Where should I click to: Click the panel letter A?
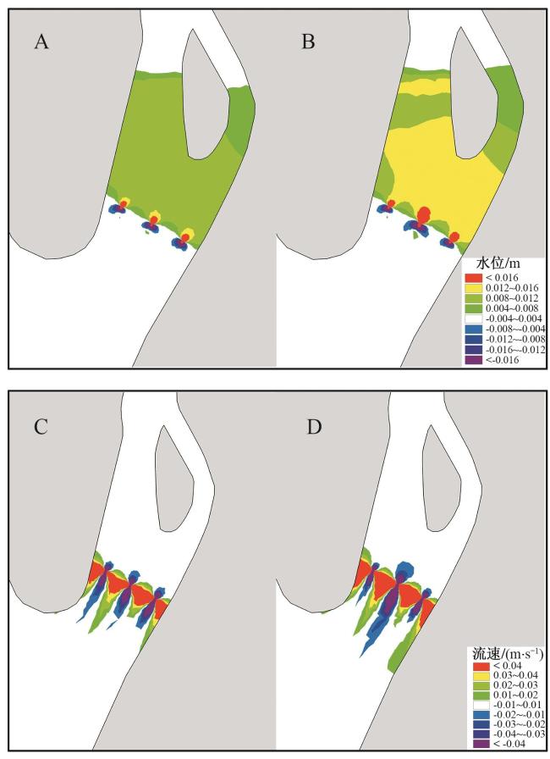(x=41, y=42)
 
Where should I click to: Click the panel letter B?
(x=309, y=42)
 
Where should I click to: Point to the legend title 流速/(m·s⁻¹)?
(x=505, y=653)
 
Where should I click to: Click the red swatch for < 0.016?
(x=472, y=277)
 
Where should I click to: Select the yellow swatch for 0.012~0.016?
(x=472, y=287)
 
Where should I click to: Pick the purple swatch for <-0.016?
(x=472, y=359)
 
